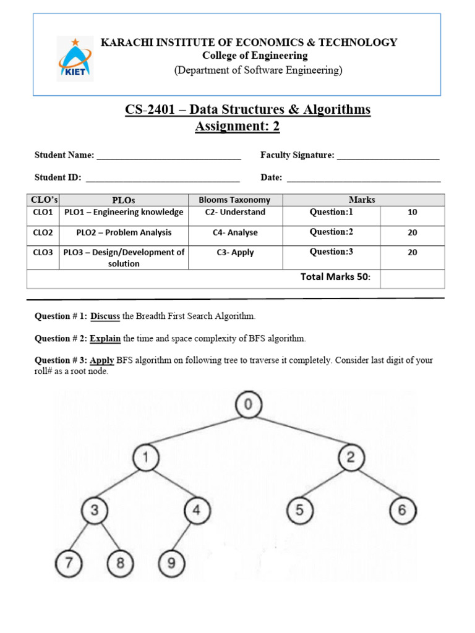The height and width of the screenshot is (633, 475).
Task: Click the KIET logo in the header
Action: pos(75,58)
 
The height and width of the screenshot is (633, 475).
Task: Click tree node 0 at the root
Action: pos(248,405)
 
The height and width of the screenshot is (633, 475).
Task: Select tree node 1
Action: pos(146,458)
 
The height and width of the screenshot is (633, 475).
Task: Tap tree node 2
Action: pos(351,458)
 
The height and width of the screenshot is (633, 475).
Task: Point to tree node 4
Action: pos(197,511)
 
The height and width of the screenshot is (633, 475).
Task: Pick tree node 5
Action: pos(299,511)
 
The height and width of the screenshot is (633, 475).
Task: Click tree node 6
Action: pos(403,511)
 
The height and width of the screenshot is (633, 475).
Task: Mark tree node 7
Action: pos(69,563)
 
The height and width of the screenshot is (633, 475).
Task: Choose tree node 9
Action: pos(171,563)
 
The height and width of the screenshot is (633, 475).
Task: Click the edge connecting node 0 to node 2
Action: pos(299,431)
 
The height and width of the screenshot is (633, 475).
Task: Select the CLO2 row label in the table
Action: pos(43,233)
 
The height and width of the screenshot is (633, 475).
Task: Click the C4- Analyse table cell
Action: pos(235,233)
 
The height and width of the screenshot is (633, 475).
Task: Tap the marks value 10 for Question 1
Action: pos(413,213)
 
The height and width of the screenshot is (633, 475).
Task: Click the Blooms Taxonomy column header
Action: pos(234,200)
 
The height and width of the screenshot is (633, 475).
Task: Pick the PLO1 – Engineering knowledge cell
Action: pos(124,212)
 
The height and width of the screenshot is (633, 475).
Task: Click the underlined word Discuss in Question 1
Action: pos(105,316)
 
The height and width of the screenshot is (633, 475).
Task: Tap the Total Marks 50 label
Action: pos(335,277)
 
